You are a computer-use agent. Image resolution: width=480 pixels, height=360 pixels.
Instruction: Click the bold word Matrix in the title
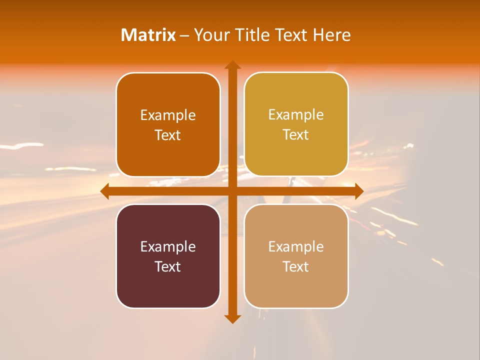(148, 35)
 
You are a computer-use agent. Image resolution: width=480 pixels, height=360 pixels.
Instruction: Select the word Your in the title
(209, 35)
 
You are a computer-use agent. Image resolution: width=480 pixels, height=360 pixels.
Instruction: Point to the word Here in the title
(331, 35)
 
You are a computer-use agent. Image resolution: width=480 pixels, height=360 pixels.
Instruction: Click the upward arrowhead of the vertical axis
(232, 65)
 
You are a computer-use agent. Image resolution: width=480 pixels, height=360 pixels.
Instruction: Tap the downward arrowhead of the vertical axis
(232, 318)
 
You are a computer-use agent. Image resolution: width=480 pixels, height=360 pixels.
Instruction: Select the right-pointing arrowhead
(359, 191)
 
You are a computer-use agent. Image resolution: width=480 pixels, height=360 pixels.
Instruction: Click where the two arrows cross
(232, 191)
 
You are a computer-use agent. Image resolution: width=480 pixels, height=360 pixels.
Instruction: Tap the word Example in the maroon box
(168, 247)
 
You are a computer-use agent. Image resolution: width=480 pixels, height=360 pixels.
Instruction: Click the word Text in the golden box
(296, 135)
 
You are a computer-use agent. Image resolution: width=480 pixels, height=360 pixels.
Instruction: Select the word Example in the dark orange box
(168, 115)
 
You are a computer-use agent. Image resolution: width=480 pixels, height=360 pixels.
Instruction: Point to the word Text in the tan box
(296, 266)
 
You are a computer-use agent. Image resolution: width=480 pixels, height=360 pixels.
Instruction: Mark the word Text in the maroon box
(168, 266)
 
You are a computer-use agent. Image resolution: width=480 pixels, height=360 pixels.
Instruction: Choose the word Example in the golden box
(296, 115)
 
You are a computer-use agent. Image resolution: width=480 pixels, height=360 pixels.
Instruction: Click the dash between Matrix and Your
(184, 35)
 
